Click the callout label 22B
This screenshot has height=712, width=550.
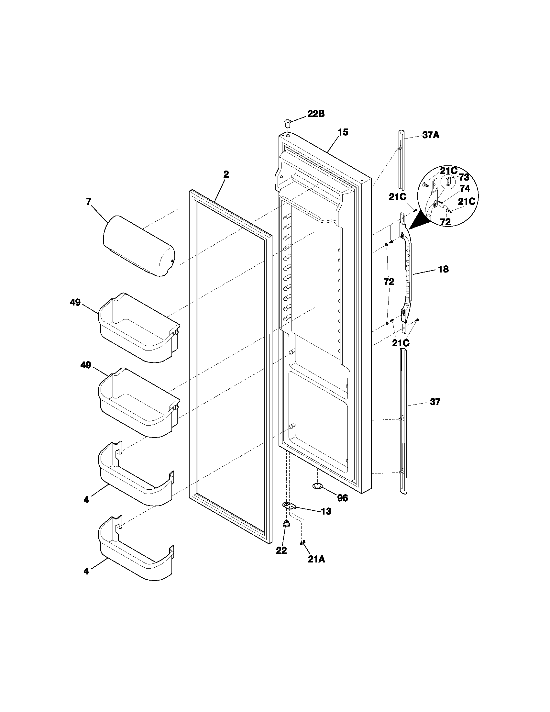(316, 114)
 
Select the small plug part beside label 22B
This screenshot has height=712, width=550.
(287, 124)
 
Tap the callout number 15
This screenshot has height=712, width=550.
(343, 132)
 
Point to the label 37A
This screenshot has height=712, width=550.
(431, 135)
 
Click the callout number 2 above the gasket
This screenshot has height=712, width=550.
(226, 174)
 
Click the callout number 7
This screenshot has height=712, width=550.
(89, 202)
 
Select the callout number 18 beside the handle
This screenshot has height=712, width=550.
(443, 269)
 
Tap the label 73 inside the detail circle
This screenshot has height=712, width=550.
(464, 177)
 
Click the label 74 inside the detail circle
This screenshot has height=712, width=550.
(465, 188)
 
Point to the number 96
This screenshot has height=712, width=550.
(342, 498)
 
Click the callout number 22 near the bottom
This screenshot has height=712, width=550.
(281, 551)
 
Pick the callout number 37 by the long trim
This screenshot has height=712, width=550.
(435, 402)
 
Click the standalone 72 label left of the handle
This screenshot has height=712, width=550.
(389, 281)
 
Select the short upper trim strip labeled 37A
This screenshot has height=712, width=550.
(401, 160)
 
